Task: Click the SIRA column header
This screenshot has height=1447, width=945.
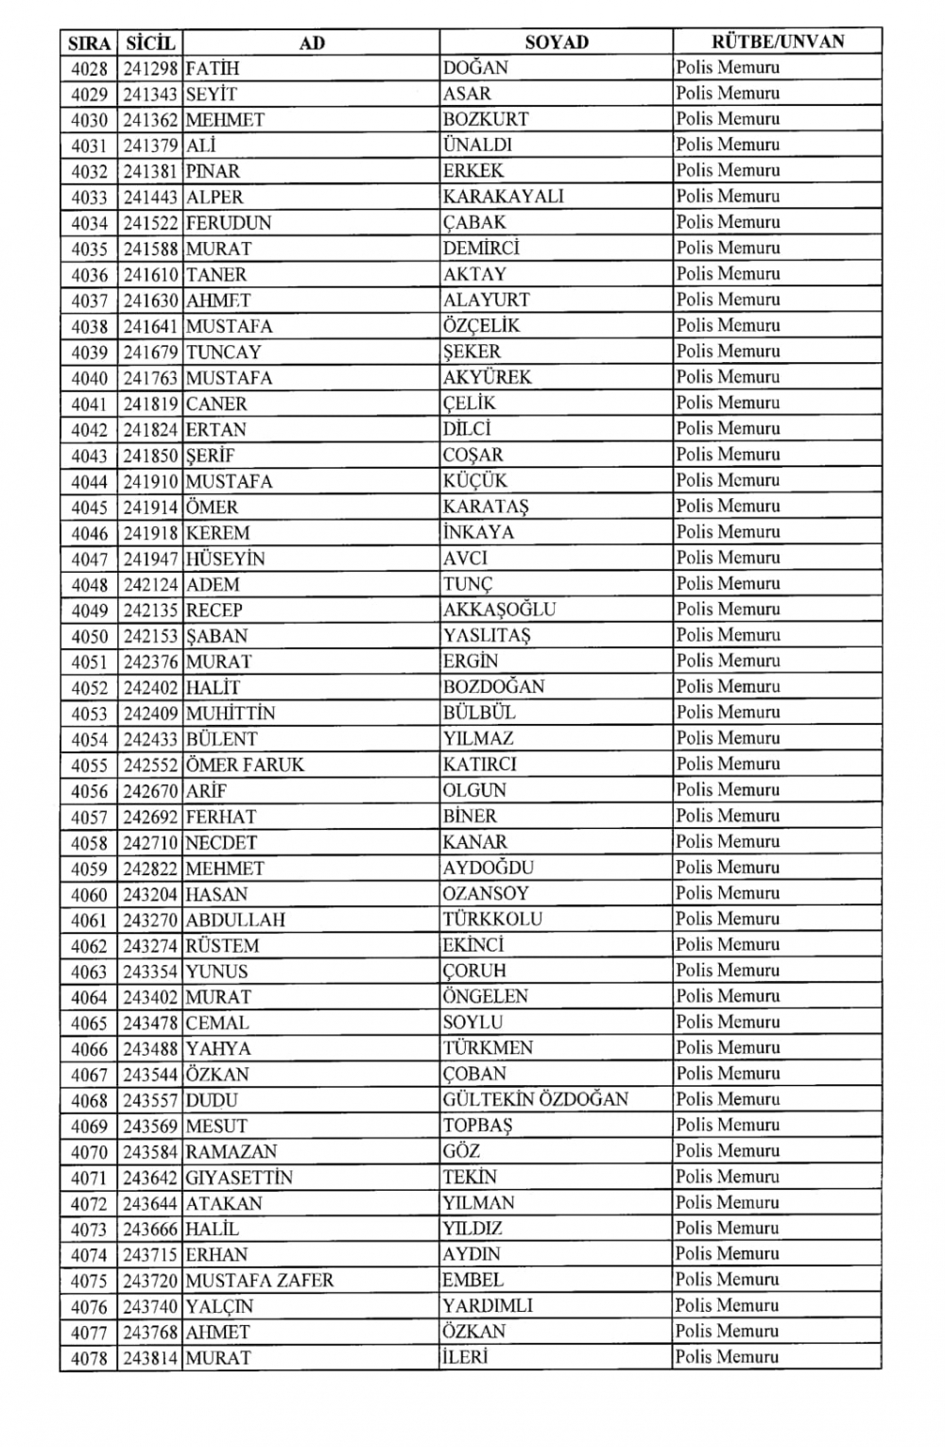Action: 89,43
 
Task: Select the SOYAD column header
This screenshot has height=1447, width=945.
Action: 557,42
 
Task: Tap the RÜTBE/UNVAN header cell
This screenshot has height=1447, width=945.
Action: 777,42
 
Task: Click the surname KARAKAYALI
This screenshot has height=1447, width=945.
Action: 503,197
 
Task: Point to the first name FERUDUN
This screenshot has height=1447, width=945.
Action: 229,223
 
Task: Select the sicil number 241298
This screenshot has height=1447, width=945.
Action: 150,68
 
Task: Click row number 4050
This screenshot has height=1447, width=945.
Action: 90,636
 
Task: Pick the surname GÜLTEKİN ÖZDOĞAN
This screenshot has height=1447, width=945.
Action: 535,1099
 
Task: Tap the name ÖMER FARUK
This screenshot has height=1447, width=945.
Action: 246,765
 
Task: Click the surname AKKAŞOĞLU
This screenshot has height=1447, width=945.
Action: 499,610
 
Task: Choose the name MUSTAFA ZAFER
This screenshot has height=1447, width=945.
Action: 260,1281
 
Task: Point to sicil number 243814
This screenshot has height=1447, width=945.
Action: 150,1358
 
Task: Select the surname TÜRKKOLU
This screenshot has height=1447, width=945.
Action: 492,919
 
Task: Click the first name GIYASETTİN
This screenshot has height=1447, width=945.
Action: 239,1178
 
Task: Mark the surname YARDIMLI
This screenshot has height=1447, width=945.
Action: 488,1306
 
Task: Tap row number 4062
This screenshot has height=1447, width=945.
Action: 90,945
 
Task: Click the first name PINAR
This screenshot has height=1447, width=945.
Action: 213,171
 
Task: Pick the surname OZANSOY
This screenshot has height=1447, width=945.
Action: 486,893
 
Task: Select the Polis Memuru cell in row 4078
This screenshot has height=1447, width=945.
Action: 728,1357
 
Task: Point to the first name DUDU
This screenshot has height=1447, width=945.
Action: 212,1100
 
